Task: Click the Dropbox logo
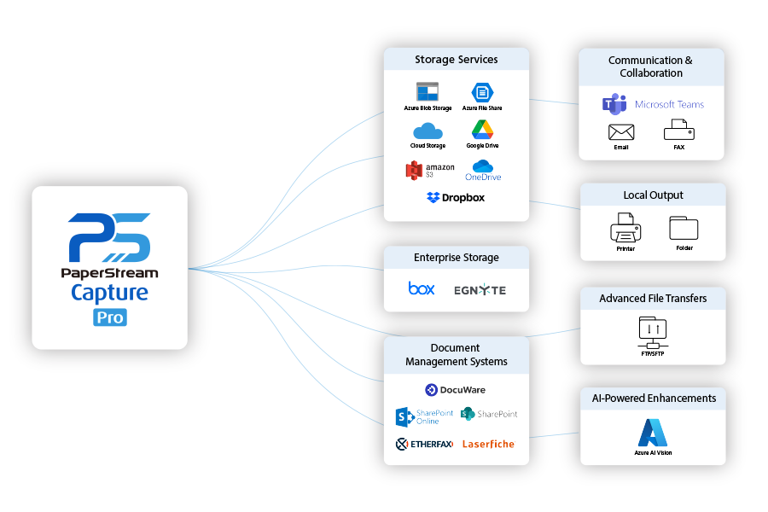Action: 456,197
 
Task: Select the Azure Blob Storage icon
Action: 428,92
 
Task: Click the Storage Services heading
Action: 457,60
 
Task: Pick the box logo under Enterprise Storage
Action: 422,288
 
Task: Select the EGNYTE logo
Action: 480,290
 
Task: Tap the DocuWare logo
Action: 456,390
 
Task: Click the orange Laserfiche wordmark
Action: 488,444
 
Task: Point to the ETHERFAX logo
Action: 424,444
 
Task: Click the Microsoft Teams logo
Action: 653,104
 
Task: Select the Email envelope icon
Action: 621,132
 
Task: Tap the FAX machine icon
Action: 678,131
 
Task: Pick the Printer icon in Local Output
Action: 625,229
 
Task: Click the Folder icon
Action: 684,228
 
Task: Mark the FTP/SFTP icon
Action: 653,329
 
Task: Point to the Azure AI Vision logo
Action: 653,433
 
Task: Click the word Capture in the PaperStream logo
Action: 109,294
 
